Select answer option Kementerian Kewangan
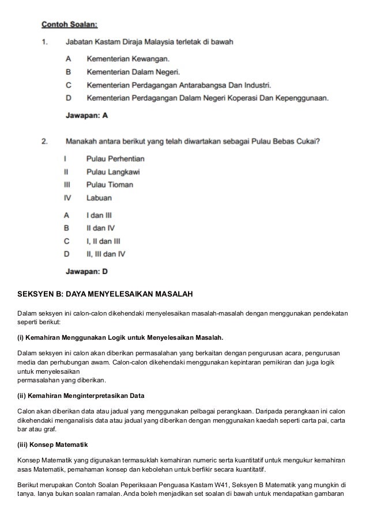pyautogui.click(x=127, y=59)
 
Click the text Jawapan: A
pyautogui.click(x=86, y=116)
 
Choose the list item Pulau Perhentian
pyautogui.click(x=115, y=158)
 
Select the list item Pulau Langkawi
pyautogui.click(x=112, y=172)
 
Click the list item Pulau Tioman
pyautogui.click(x=110, y=185)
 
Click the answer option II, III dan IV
pyautogui.click(x=106, y=253)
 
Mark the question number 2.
pyautogui.click(x=44, y=140)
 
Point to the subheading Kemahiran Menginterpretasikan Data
pyautogui.click(x=87, y=396)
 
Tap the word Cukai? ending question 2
pyautogui.click(x=309, y=140)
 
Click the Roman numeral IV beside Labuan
pyautogui.click(x=67, y=198)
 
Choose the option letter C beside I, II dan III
pyautogui.click(x=67, y=240)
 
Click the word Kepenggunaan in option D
pyautogui.click(x=303, y=98)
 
